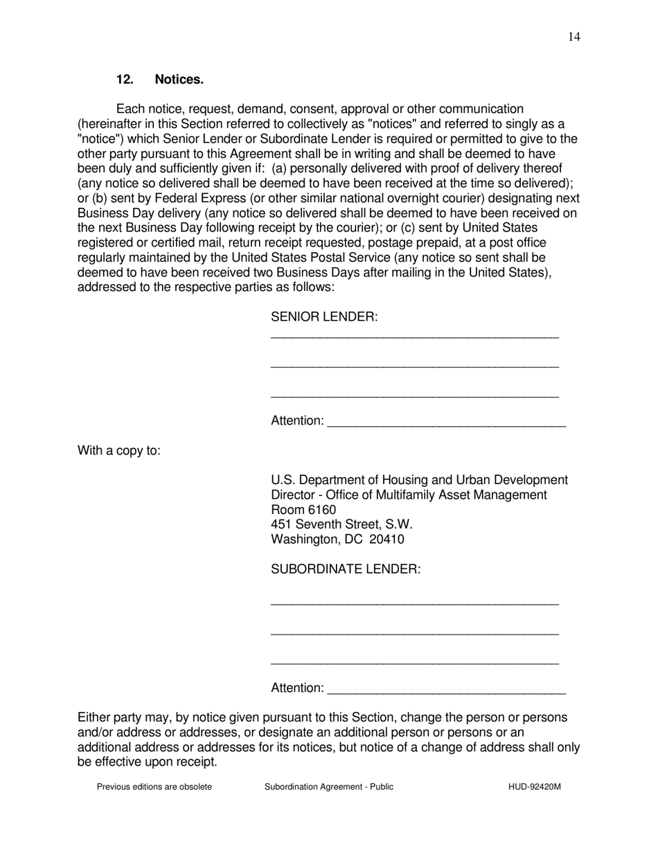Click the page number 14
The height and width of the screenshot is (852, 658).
tap(573, 37)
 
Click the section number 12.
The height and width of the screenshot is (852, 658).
tap(125, 80)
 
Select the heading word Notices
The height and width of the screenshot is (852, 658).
tap(179, 80)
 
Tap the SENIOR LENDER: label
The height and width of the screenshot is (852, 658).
tap(324, 317)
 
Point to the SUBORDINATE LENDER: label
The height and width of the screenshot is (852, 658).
tap(346, 569)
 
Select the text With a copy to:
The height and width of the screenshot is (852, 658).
tap(119, 451)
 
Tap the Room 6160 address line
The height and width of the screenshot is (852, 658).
tap(303, 510)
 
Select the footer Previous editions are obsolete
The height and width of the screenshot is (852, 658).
tap(154, 786)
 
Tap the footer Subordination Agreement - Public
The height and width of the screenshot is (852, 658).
tap(328, 786)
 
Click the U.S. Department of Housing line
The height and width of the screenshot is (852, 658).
tap(419, 480)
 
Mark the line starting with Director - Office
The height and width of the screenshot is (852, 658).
tap(409, 495)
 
